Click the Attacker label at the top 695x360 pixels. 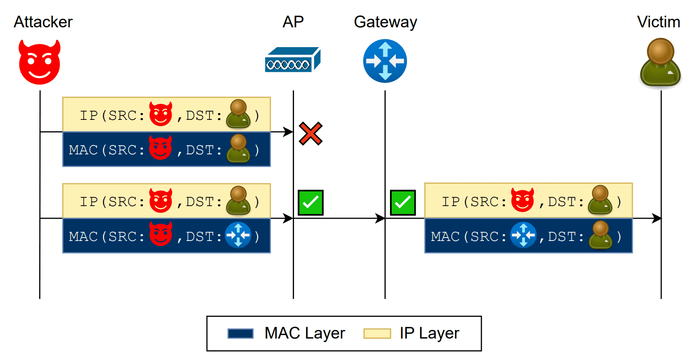(x=43, y=22)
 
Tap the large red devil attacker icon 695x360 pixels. (x=40, y=62)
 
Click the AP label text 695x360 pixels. (x=293, y=22)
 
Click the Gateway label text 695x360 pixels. (x=385, y=22)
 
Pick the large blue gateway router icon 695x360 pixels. (x=385, y=61)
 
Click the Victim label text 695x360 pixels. (x=658, y=22)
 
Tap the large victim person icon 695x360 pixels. (x=660, y=62)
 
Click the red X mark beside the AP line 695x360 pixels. (x=310, y=133)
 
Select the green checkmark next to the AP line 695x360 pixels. (x=310, y=203)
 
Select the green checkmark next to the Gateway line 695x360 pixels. (x=403, y=203)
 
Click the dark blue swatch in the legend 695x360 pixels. (x=240, y=334)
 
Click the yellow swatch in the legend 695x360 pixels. (x=377, y=334)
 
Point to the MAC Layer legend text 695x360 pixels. (x=305, y=333)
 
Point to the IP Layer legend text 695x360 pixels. (x=429, y=333)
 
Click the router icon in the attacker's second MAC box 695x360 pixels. (x=238, y=235)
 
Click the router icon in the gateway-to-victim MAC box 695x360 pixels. (x=523, y=235)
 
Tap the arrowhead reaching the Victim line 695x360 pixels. (x=657, y=218)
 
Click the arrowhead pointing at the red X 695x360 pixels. (x=289, y=132)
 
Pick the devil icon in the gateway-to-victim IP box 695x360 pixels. (x=523, y=200)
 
